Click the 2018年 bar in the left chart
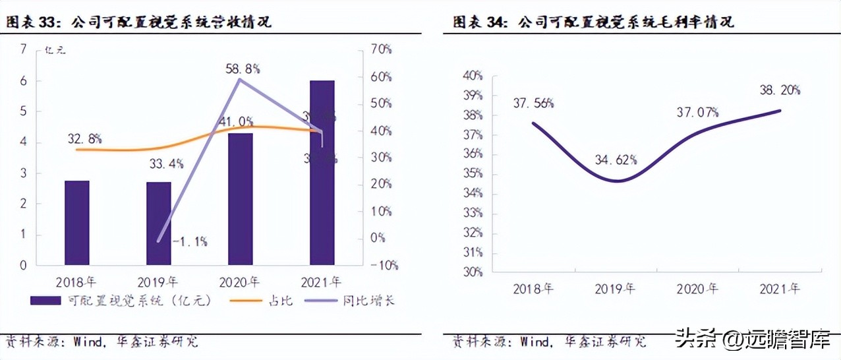click(77, 223)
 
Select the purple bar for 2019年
click(158, 224)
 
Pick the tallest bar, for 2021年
click(322, 173)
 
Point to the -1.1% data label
click(190, 241)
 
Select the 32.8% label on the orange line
click(84, 138)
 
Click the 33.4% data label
click(167, 164)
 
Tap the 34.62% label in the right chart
click(616, 160)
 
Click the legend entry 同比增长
click(352, 301)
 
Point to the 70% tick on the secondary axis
click(380, 49)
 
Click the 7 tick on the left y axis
click(24, 49)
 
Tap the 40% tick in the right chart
click(472, 76)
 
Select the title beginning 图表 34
click(593, 22)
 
